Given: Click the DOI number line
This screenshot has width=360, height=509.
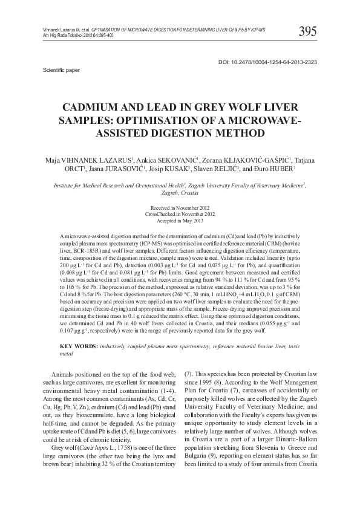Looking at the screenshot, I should (x=267, y=62).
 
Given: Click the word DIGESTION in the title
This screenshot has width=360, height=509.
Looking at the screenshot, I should (x=185, y=132).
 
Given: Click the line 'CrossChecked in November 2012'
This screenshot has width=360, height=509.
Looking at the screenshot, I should (x=180, y=215).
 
